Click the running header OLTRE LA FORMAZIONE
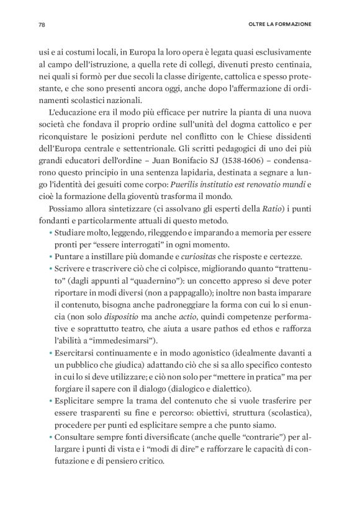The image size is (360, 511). coord(276,25)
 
